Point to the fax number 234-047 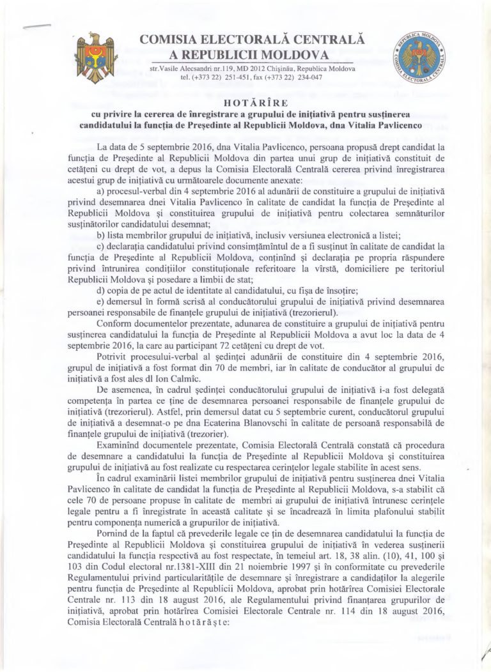point(308,78)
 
